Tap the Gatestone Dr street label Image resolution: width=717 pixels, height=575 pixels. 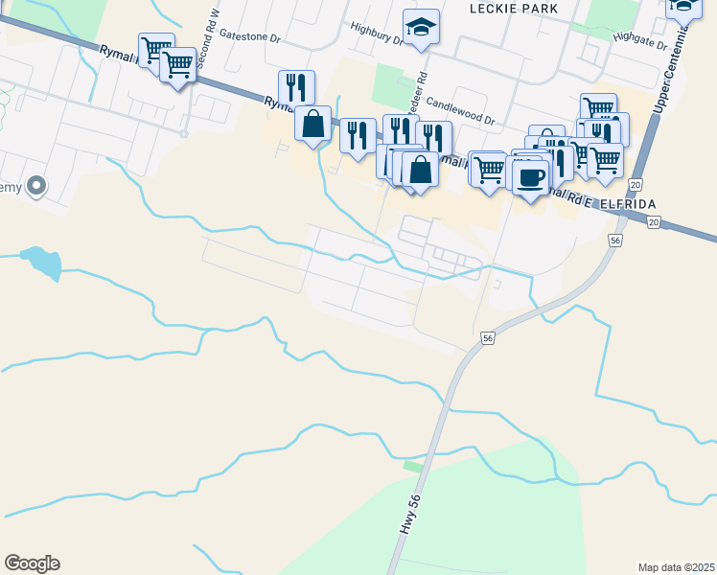pos(249,34)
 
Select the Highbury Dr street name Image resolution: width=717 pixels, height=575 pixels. pos(377,34)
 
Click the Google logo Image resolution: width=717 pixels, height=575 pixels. pos(32,563)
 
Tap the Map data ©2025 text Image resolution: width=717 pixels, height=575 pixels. pos(676,567)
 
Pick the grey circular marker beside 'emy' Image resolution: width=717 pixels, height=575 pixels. pos(36,186)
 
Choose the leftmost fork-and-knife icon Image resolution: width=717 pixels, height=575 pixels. pos(296,86)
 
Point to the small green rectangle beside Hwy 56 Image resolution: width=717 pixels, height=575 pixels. pos(413,466)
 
